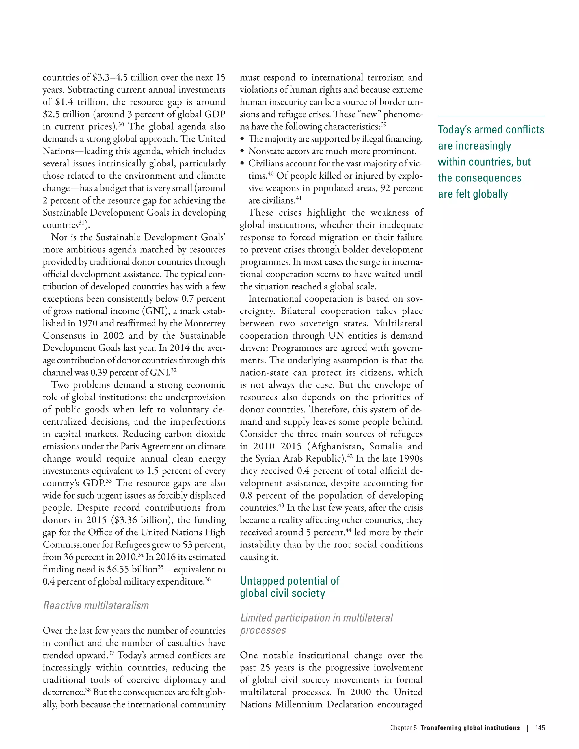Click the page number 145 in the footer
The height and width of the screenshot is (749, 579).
(x=540, y=728)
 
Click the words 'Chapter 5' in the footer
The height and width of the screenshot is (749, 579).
(x=403, y=728)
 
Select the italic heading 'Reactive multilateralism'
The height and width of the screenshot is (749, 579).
(x=96, y=606)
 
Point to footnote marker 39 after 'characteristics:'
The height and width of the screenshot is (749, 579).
(x=384, y=124)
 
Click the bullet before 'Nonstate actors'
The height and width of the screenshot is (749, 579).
(x=243, y=151)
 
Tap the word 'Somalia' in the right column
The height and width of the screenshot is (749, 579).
(x=386, y=446)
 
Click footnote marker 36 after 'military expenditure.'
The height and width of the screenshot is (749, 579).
(x=208, y=579)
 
